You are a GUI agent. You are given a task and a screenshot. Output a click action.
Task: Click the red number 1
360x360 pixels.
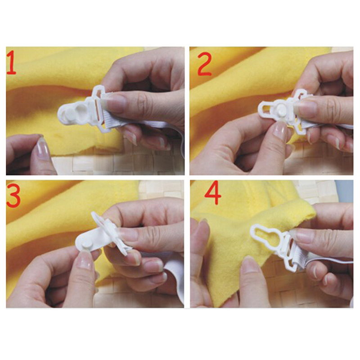(x=12, y=63)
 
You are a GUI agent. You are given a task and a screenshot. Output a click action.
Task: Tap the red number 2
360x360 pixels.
(x=204, y=64)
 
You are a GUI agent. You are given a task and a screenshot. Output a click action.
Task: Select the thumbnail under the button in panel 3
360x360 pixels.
(x=85, y=260)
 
